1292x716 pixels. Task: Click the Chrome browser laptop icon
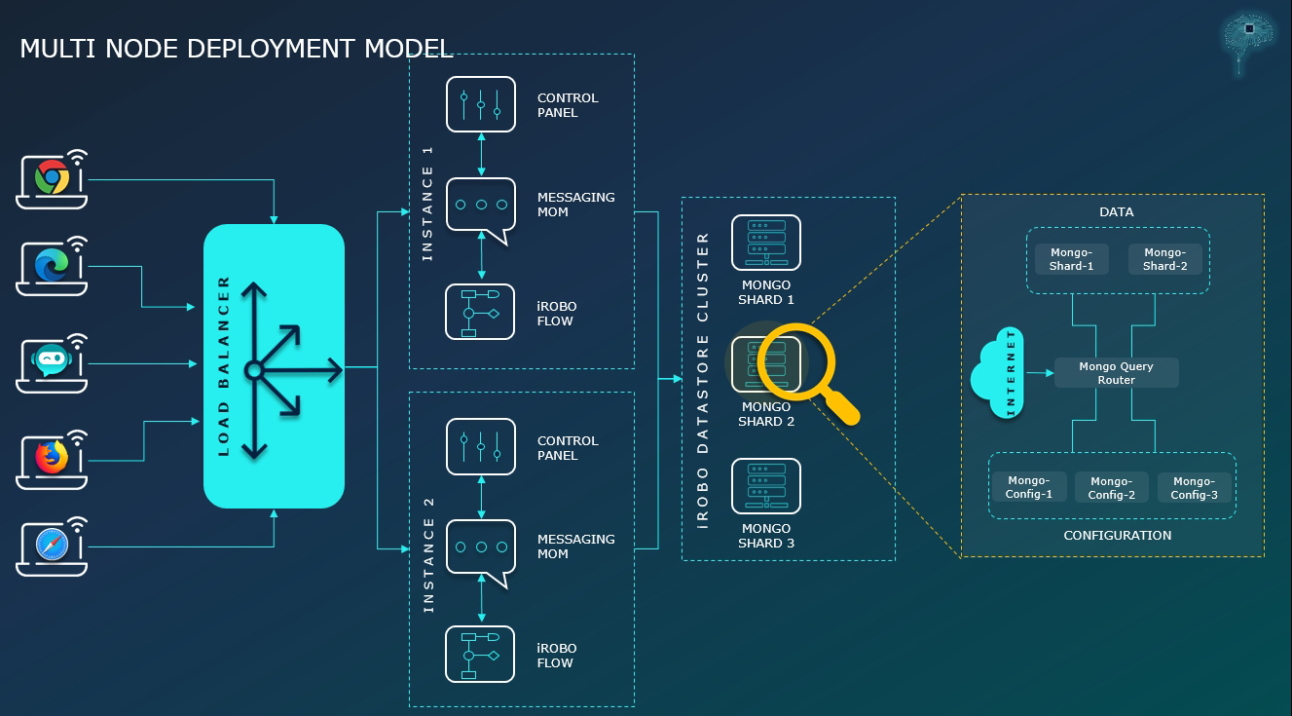pos(52,179)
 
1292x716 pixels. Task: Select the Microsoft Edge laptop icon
pos(52,266)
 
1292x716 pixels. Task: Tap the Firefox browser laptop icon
pos(52,459)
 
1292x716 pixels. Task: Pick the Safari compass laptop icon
pos(52,546)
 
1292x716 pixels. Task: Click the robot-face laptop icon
pos(52,362)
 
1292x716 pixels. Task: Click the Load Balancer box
pos(274,366)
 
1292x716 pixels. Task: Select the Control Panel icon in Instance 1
pos(481,104)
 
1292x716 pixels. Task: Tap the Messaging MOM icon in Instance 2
pos(481,548)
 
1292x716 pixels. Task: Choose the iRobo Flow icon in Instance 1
pos(481,312)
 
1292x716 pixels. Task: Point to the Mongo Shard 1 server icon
pos(766,243)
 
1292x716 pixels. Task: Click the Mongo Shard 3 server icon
pos(766,486)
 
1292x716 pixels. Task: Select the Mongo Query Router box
pos(1116,373)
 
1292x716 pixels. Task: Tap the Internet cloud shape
pos(999,374)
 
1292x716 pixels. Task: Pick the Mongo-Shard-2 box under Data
pos(1164,259)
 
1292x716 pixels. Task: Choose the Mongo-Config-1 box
pos(1029,487)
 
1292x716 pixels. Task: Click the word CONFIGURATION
pos(1117,535)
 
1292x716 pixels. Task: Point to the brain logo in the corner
pos(1248,37)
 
